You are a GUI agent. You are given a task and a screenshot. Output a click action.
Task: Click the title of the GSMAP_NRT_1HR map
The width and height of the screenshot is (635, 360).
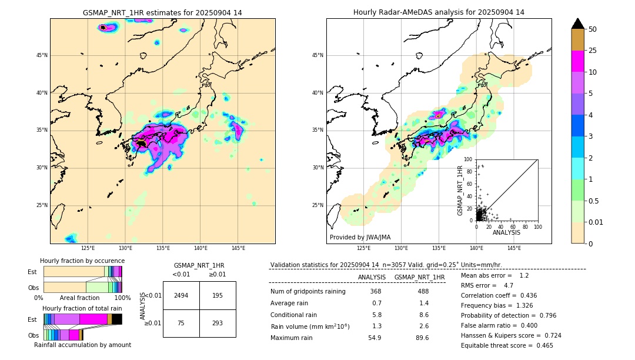[162, 12]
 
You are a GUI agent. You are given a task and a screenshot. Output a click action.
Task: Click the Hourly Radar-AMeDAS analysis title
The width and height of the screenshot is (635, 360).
[439, 12]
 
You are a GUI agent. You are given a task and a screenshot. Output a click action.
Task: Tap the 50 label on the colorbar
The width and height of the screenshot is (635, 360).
[593, 29]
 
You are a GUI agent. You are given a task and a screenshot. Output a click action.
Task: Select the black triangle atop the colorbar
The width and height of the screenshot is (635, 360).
[578, 24]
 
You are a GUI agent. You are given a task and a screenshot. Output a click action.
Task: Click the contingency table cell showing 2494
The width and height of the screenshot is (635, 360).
[181, 295]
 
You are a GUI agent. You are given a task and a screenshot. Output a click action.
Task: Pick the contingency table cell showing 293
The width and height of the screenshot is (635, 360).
[218, 323]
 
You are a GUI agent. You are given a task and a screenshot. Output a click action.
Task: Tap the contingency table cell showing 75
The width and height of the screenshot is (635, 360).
[181, 323]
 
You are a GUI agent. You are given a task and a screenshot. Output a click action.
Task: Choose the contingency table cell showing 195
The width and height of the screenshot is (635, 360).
[218, 295]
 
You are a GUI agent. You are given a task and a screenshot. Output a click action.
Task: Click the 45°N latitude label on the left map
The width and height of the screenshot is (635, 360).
[41, 55]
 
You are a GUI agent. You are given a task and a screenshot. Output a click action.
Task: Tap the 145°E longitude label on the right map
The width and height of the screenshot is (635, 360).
[514, 248]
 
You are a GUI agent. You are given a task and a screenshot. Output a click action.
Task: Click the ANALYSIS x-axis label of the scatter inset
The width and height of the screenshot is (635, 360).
[506, 232]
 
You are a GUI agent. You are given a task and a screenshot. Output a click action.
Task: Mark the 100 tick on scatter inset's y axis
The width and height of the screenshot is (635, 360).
[469, 159]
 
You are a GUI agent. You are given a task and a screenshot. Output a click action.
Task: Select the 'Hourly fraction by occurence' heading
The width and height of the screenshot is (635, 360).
[82, 261]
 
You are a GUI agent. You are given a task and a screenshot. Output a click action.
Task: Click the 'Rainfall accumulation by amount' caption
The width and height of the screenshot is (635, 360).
[82, 345]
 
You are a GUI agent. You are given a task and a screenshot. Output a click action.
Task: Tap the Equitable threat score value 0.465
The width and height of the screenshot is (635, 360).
[541, 345]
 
